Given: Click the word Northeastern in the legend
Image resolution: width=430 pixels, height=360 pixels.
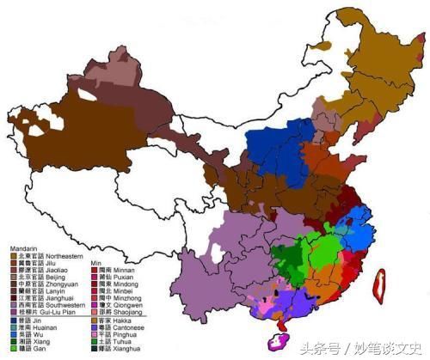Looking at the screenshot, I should [x=66, y=256].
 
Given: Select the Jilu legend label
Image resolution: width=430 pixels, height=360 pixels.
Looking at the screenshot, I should [x=52, y=263].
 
